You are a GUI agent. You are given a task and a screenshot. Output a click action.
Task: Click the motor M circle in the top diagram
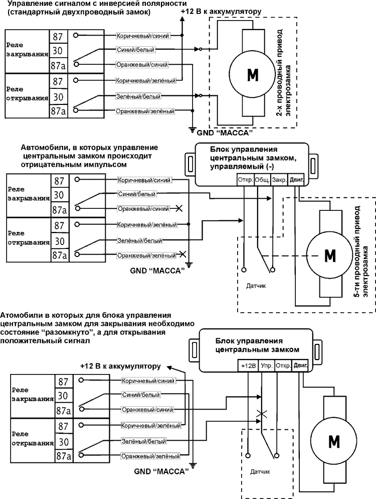[x=252, y=74]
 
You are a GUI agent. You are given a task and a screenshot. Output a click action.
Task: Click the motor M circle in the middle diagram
[x=330, y=255]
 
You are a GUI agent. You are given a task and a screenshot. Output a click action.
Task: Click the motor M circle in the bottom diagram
[x=334, y=441]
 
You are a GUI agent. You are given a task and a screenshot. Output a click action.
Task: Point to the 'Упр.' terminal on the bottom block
[x=267, y=366]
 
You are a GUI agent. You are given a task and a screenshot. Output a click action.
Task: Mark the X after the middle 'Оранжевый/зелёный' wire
[x=182, y=255]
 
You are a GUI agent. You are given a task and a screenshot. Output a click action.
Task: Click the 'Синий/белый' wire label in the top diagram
[x=135, y=50]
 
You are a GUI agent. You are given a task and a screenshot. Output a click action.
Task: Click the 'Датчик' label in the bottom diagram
[x=260, y=472]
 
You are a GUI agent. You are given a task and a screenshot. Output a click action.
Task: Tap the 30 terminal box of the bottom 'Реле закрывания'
[x=63, y=396]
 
